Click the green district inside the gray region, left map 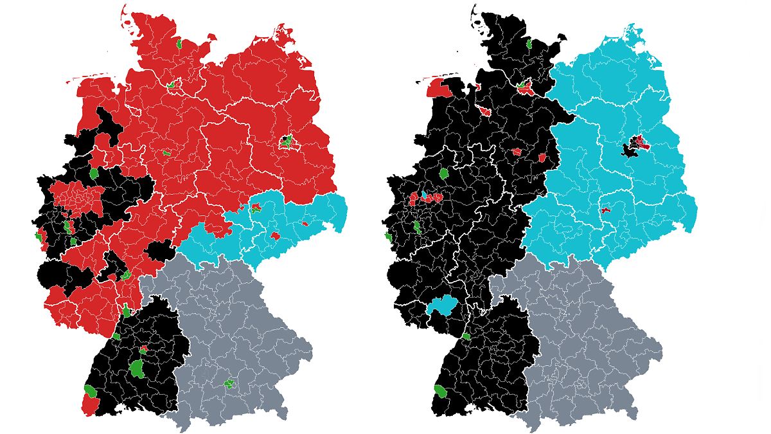point(229,384)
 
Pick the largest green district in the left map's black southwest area point(137,368)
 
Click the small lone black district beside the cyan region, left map point(159,250)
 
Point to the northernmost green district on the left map point(179,44)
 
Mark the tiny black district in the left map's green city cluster point(285,139)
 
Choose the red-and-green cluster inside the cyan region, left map point(256,206)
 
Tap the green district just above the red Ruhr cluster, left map point(94,173)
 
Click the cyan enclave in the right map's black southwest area point(442,306)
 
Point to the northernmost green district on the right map point(528,44)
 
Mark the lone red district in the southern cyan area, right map point(605,210)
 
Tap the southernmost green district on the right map point(441,390)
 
